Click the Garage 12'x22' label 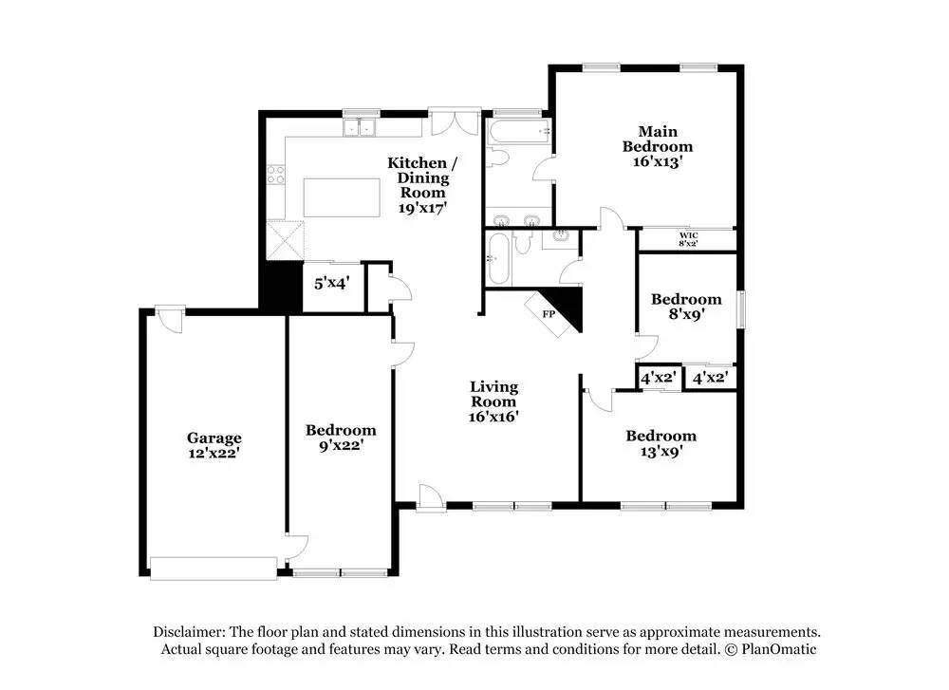click(214, 445)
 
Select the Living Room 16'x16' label click(494, 401)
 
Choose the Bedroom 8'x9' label click(686, 307)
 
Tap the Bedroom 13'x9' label click(661, 443)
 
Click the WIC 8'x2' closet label click(688, 239)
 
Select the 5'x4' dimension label click(331, 282)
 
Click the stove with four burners click(276, 174)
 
